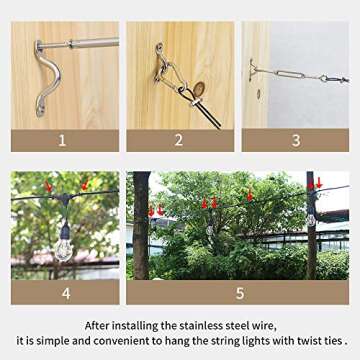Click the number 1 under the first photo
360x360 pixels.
[63, 140]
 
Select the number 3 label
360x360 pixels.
[295, 140]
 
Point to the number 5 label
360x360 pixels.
[238, 292]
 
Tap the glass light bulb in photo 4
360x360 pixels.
[63, 246]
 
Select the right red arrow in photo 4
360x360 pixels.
[84, 185]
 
